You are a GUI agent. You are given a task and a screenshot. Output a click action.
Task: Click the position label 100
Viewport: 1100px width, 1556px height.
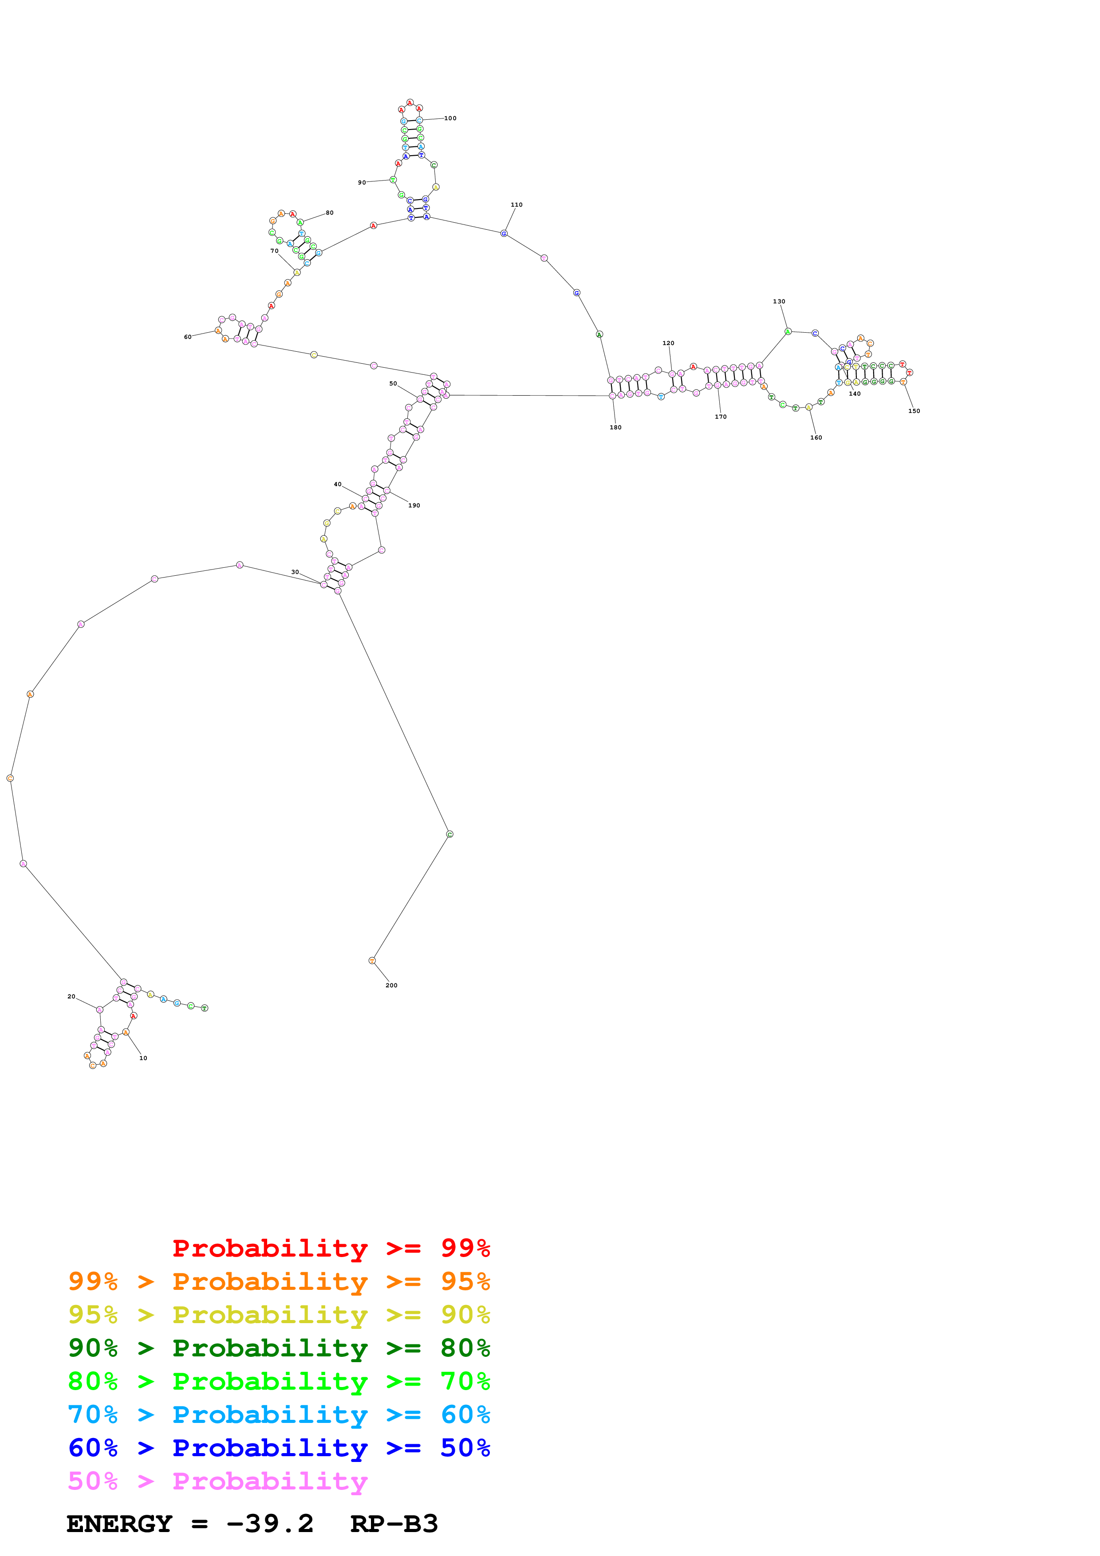(450, 118)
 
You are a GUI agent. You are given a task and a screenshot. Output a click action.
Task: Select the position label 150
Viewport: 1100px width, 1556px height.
(914, 411)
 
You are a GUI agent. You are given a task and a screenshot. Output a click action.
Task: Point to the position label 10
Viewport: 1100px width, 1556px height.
(143, 1058)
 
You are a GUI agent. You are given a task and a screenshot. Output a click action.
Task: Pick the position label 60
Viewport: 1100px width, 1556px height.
(188, 337)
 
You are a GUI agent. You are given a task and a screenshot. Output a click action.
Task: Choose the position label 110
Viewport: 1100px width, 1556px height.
(516, 204)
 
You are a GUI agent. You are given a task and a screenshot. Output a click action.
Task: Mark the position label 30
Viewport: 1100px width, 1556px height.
(295, 572)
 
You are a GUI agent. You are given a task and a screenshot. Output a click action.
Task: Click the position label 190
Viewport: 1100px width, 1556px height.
(414, 506)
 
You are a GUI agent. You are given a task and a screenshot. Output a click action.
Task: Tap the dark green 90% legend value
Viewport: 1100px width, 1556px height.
(93, 1348)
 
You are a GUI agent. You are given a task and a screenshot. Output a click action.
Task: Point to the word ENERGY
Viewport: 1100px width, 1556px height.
(119, 1524)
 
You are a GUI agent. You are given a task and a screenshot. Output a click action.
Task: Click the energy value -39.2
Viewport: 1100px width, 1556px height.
(270, 1524)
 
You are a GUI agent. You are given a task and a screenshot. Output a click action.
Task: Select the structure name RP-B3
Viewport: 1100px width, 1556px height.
(394, 1524)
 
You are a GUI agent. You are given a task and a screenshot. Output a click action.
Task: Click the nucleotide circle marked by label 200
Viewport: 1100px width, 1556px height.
(372, 960)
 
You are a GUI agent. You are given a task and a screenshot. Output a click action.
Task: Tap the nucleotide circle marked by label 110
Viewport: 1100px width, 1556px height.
(504, 234)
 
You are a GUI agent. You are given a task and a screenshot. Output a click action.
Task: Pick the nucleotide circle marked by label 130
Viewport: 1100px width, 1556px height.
(788, 331)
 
